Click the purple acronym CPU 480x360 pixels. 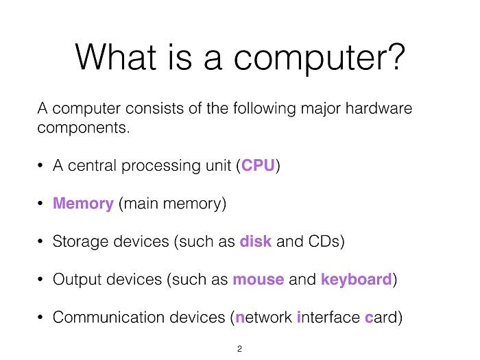[258, 165]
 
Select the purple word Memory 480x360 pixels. [83, 204]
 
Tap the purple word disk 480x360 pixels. [256, 241]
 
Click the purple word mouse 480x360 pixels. [259, 280]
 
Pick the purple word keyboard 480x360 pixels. [357, 280]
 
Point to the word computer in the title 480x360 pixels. [309, 58]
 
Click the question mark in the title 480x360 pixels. [396, 56]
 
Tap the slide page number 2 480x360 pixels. [240, 348]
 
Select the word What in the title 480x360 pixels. [116, 56]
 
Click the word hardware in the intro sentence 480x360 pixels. [379, 108]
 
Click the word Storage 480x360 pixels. [80, 242]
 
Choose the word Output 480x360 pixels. [77, 280]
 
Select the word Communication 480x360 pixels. [108, 317]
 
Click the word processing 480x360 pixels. [161, 166]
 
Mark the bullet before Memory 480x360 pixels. [40, 204]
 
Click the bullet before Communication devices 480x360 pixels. [40, 317]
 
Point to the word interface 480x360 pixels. [328, 317]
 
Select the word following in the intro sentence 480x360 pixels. [265, 109]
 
